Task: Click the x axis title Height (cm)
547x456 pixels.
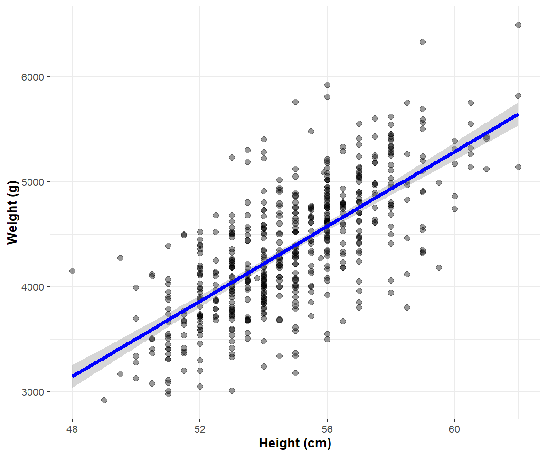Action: tap(295, 444)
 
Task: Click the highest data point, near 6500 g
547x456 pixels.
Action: tap(518, 25)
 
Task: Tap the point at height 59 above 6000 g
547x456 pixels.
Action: tap(423, 42)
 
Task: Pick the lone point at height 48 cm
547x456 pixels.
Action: tap(72, 271)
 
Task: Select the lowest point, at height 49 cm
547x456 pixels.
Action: tap(104, 400)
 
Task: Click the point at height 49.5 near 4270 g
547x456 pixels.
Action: tap(120, 258)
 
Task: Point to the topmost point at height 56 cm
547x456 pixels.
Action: tap(327, 85)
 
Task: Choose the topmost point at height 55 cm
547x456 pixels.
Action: tap(295, 102)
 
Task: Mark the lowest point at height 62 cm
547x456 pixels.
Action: tap(518, 167)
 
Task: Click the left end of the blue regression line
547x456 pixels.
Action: tap(72, 376)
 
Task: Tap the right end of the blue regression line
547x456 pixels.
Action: tap(518, 114)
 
